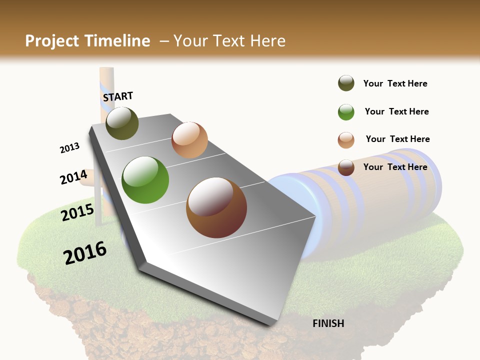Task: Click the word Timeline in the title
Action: coord(117,41)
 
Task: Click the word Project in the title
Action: coord(52,41)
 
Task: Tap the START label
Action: coord(118,96)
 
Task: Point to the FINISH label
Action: coord(328,323)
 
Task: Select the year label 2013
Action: coord(69,148)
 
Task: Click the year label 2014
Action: coord(73,177)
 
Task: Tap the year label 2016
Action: coord(85,252)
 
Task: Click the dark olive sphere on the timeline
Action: coord(122,123)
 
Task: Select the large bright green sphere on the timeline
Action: coord(145,180)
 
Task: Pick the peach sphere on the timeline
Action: coord(189,140)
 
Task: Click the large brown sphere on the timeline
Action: coord(216,207)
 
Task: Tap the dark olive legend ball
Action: coord(346,83)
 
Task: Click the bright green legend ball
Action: coord(346,112)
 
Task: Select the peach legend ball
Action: coord(346,140)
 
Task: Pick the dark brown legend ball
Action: coord(346,167)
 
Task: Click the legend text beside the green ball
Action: coord(396,111)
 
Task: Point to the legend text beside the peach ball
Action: coord(397,139)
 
